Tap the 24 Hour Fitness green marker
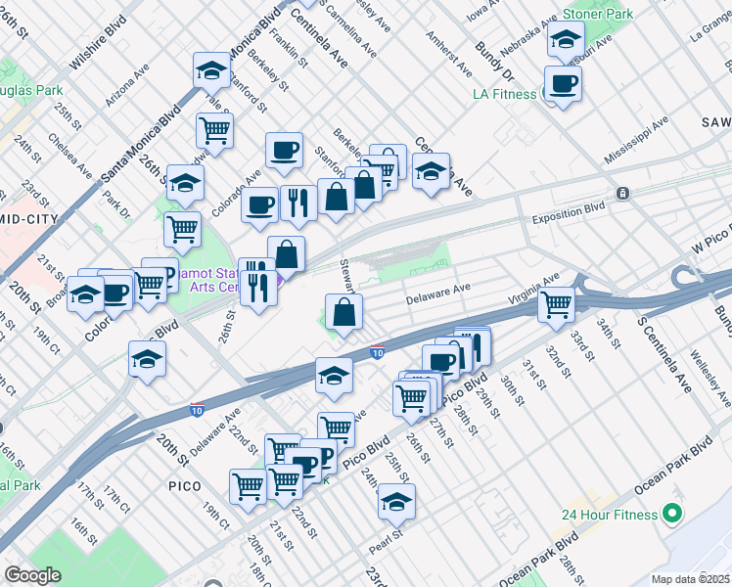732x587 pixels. click(x=671, y=513)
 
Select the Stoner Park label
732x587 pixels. click(x=596, y=15)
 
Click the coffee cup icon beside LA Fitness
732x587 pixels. click(x=562, y=84)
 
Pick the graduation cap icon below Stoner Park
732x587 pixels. click(x=565, y=40)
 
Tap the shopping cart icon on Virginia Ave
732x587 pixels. click(x=557, y=304)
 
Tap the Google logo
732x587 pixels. click(x=32, y=575)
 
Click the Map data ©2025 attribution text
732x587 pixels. click(x=691, y=579)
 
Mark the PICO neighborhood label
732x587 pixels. click(x=184, y=485)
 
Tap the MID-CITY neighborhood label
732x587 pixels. click(x=29, y=219)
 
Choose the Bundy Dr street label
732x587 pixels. click(x=493, y=55)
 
